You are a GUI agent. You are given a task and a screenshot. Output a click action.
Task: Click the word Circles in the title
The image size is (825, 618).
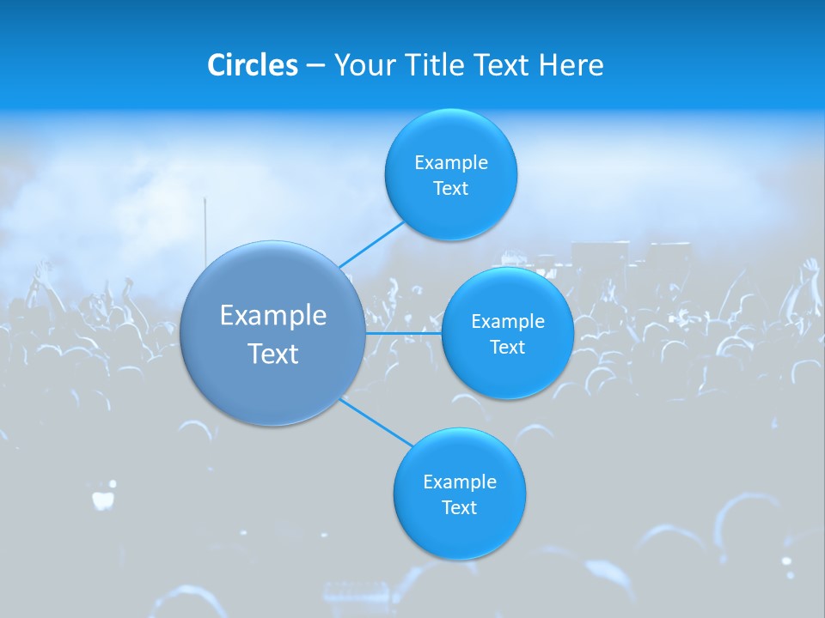pos(252,65)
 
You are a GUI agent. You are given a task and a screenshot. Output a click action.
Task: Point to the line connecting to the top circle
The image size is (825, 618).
pos(371,244)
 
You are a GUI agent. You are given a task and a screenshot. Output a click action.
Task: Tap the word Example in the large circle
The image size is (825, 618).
pos(273,316)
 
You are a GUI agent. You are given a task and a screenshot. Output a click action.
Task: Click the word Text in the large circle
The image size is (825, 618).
pos(273,354)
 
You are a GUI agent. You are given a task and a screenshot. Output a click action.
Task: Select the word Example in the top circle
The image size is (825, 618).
pos(451,162)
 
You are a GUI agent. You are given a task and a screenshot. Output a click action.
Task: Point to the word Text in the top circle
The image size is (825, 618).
pos(450,188)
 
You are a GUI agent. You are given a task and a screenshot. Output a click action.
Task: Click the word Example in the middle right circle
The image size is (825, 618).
pos(508,321)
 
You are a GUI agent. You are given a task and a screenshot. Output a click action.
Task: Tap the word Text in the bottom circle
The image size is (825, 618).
pos(459,507)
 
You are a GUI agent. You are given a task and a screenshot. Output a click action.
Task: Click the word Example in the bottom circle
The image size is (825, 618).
pos(460,482)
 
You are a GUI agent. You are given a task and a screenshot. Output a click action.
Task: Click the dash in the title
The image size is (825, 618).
pos(315,66)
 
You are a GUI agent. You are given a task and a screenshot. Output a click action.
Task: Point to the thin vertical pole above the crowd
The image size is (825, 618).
pos(205,227)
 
